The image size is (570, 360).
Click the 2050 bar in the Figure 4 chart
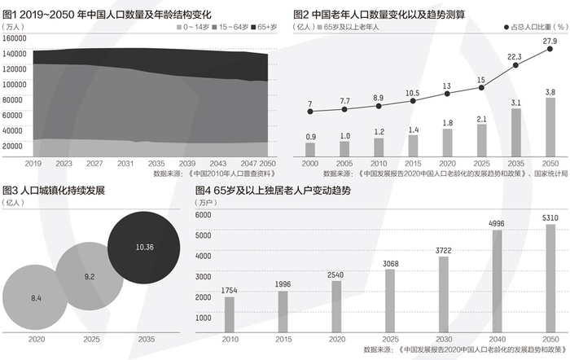coord(551,277)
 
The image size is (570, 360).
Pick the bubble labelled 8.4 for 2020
coord(37,298)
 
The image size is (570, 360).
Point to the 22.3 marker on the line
coord(515,65)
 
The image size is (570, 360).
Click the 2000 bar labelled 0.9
coord(310,149)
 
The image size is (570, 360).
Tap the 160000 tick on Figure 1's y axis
coord(15,38)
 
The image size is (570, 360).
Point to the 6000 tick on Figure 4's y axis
coord(203,214)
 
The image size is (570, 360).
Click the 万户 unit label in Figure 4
coord(206,202)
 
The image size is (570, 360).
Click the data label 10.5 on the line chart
coord(412,93)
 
